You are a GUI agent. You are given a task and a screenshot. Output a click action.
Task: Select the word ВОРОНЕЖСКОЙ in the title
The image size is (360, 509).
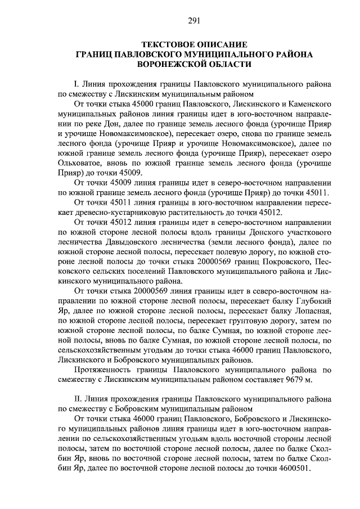click(170, 65)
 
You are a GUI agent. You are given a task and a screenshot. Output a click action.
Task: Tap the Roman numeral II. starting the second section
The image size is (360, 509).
click(78, 398)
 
